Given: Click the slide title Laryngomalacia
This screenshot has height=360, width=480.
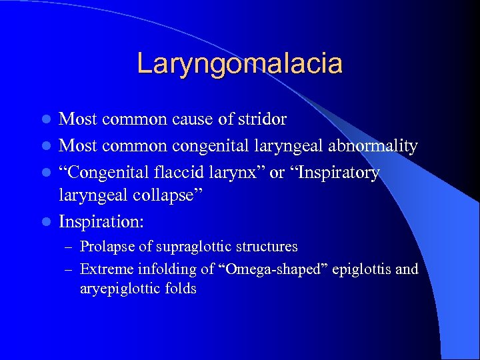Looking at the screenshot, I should click(x=239, y=63).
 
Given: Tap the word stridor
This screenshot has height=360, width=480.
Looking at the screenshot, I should click(x=263, y=119).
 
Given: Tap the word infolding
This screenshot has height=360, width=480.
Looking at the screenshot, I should click(x=163, y=269).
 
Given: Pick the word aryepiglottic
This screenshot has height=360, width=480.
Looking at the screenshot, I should click(x=117, y=289).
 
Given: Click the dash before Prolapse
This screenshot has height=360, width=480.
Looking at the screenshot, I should click(x=69, y=247).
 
